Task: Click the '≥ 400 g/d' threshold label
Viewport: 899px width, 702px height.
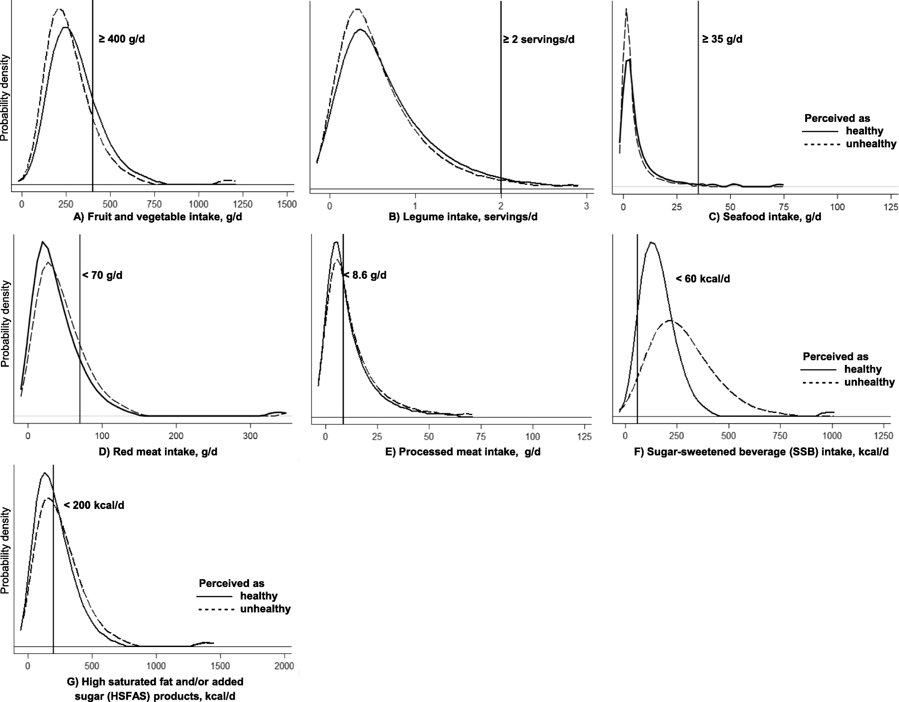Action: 121,39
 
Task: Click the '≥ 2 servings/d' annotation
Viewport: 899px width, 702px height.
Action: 539,39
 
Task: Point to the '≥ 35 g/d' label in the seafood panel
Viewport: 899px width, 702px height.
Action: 722,39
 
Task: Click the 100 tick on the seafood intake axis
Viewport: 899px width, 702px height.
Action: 837,207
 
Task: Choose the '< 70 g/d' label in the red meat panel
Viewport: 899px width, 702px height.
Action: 102,276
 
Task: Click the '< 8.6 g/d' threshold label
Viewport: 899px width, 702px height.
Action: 364,276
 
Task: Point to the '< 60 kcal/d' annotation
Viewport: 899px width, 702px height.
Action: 703,279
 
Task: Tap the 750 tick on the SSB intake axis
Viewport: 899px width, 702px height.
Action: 781,436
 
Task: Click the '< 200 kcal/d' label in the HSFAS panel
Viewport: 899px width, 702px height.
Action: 94,505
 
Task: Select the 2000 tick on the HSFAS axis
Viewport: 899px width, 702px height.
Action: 284,666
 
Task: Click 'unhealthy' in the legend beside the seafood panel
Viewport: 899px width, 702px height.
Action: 871,144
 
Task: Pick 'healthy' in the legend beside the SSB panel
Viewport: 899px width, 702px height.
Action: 863,369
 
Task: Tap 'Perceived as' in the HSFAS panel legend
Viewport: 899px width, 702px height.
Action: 231,583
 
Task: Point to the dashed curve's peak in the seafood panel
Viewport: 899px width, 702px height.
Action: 626,9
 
